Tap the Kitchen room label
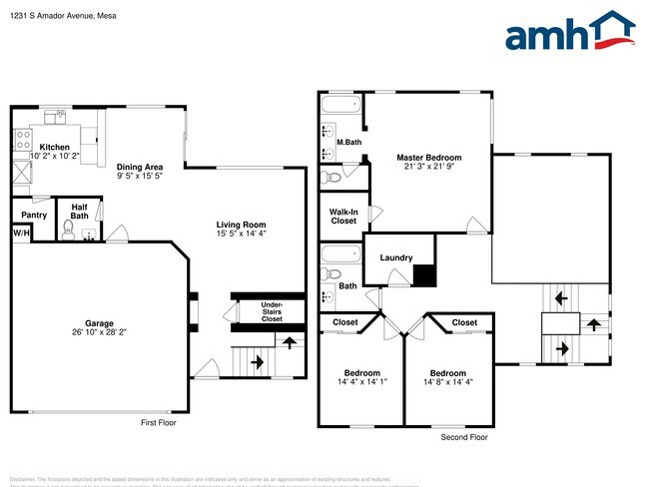pyautogui.click(x=54, y=147)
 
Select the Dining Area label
pyautogui.click(x=140, y=168)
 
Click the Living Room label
pyautogui.click(x=241, y=225)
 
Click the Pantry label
pyautogui.click(x=34, y=215)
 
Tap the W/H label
pyautogui.click(x=20, y=234)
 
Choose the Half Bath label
pyautogui.click(x=79, y=211)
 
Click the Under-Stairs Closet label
pyautogui.click(x=272, y=311)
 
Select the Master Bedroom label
pyautogui.click(x=428, y=158)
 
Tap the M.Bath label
pyautogui.click(x=347, y=142)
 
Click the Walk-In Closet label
pyautogui.click(x=343, y=216)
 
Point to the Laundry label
pyautogui.click(x=395, y=257)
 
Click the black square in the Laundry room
pyautogui.click(x=425, y=274)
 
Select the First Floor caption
pyautogui.click(x=160, y=423)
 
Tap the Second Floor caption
pyautogui.click(x=464, y=437)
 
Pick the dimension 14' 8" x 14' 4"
pyautogui.click(x=448, y=383)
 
